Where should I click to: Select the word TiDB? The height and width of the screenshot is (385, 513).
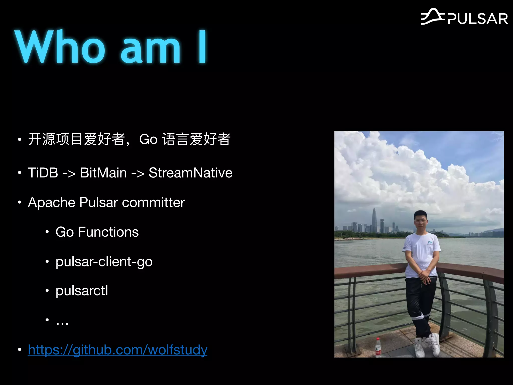tap(43, 173)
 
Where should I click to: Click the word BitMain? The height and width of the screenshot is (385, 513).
tap(103, 173)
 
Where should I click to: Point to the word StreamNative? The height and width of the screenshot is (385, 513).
tap(190, 173)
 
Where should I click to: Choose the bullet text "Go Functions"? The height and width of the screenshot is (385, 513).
tap(97, 232)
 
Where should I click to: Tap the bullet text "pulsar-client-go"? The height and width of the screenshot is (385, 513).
tap(104, 262)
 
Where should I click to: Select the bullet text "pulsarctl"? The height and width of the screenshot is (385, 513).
tap(82, 291)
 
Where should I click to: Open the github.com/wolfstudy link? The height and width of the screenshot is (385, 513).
tap(117, 350)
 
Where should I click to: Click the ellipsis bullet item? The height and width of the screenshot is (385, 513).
tap(62, 321)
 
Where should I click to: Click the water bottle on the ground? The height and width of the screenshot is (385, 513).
tap(378, 347)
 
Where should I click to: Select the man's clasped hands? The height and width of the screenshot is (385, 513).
tap(425, 276)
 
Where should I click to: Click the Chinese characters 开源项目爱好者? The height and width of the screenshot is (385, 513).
tap(77, 139)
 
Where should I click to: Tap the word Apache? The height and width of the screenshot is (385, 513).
tap(52, 202)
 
